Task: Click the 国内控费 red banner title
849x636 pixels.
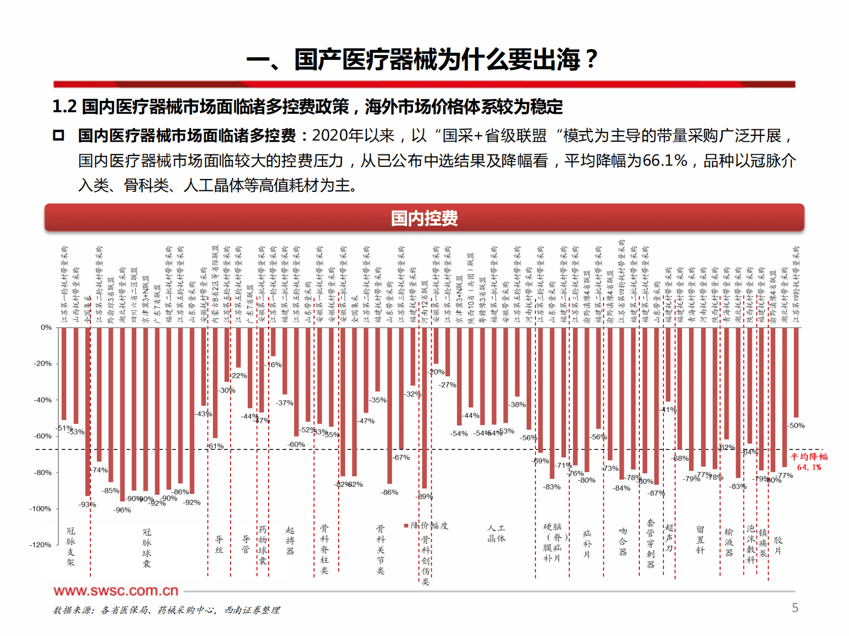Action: pyautogui.click(x=424, y=218)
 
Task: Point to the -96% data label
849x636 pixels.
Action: pyautogui.click(x=122, y=510)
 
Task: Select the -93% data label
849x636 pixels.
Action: pyautogui.click(x=87, y=505)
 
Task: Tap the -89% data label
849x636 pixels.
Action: pyautogui.click(x=425, y=497)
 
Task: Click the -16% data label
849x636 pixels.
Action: pyautogui.click(x=274, y=364)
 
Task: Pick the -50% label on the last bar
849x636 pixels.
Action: pyautogui.click(x=796, y=425)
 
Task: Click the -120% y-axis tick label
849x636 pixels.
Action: pyautogui.click(x=40, y=545)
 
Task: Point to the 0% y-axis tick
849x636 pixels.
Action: pyautogui.click(x=46, y=327)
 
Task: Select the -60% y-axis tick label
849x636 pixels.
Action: pyautogui.click(x=43, y=436)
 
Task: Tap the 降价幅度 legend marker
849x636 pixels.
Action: pyautogui.click(x=406, y=525)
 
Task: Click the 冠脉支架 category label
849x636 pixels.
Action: pyautogui.click(x=71, y=546)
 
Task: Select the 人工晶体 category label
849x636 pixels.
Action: pyautogui.click(x=496, y=533)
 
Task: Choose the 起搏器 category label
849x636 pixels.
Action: pyautogui.click(x=290, y=540)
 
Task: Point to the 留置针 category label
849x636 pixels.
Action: pyautogui.click(x=700, y=540)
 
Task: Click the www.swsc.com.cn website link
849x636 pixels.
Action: pyautogui.click(x=116, y=591)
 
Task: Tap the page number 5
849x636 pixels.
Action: pyautogui.click(x=795, y=608)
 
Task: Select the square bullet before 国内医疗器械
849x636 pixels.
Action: pyautogui.click(x=59, y=136)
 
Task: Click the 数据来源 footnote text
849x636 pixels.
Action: pyautogui.click(x=166, y=610)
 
